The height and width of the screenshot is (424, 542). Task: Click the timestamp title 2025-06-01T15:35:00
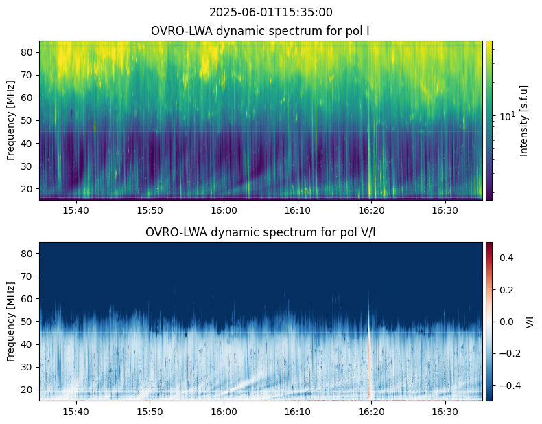(271, 12)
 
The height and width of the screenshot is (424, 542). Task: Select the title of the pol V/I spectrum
(261, 232)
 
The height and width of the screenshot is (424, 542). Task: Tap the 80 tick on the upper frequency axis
(28, 52)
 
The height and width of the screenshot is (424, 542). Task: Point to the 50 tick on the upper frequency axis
(28, 120)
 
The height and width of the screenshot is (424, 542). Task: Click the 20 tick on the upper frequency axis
(28, 188)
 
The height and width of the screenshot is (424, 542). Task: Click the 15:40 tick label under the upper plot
(75, 210)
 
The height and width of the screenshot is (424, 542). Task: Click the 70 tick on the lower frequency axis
(28, 276)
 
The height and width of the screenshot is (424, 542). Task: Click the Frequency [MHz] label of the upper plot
(11, 120)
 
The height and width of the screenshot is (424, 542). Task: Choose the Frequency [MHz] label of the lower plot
(11, 321)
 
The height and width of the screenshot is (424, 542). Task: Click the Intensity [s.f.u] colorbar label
(525, 120)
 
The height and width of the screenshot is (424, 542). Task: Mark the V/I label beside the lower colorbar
(529, 321)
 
